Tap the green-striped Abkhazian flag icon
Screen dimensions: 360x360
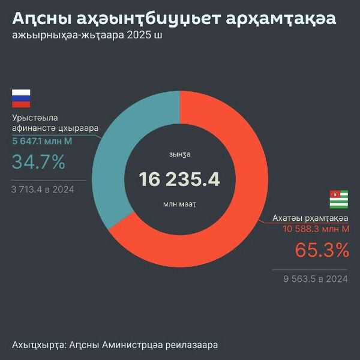(339, 199)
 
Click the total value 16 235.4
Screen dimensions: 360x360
(179, 179)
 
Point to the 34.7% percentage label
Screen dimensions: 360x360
(38, 162)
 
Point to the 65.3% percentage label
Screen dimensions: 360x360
(322, 250)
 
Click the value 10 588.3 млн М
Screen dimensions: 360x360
(316, 229)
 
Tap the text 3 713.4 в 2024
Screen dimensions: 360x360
(43, 190)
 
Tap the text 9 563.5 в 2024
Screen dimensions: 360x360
(317, 278)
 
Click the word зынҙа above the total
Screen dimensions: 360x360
(179, 154)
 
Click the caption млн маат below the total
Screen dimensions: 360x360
(179, 204)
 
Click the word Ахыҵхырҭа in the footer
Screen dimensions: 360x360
(38, 345)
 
